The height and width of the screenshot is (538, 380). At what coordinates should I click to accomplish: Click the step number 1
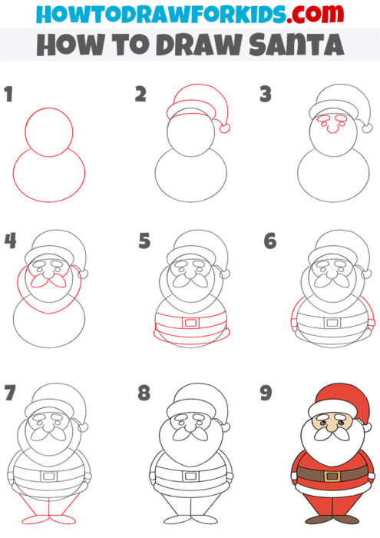point(8,95)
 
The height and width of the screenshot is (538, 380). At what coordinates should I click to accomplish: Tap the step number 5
point(144,241)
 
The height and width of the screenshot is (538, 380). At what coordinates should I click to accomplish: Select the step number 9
point(266,394)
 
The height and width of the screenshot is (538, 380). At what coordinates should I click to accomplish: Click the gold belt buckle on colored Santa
point(332,477)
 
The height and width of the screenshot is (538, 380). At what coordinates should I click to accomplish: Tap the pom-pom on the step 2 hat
point(224,125)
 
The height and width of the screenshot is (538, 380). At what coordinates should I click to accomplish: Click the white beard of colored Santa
point(332,446)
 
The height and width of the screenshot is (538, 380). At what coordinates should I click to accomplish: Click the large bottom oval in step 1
point(49,181)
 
